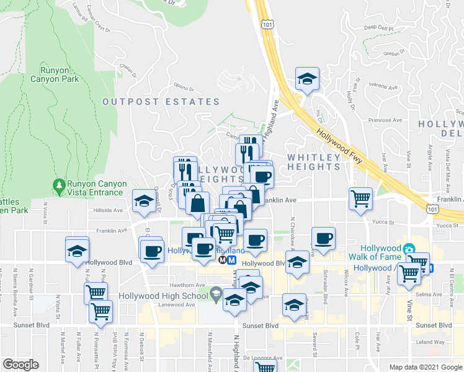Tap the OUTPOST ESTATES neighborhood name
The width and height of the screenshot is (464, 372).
pos(161,102)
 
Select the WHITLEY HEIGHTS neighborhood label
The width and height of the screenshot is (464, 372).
pos(314,162)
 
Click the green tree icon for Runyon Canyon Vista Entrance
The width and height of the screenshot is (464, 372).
pos(59,185)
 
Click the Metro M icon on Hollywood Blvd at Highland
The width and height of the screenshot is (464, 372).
pos(231,260)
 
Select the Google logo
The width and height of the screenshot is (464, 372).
pos(20,365)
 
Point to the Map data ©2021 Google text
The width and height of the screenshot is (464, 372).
pos(424,366)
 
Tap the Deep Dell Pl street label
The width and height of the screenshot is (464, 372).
pos(379,28)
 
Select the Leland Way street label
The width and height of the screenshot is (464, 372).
pos(431,342)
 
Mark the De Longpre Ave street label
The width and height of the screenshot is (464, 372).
pos(262,358)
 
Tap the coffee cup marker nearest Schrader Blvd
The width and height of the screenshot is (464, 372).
pos(323,239)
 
